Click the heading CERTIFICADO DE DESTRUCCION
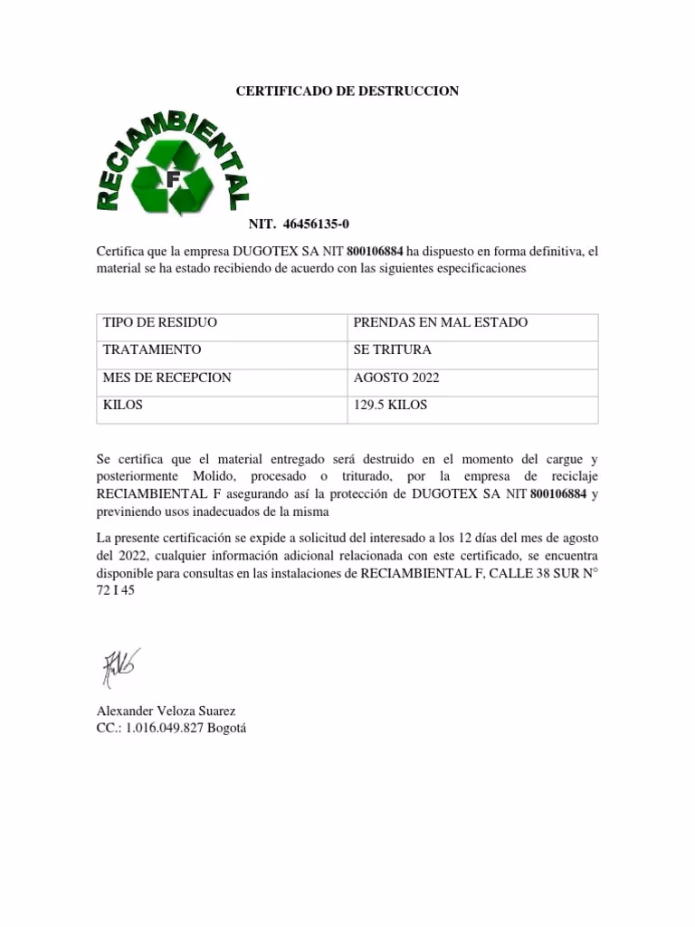pyautogui.click(x=347, y=91)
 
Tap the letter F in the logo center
pyautogui.click(x=172, y=179)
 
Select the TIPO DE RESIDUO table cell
pyautogui.click(x=160, y=323)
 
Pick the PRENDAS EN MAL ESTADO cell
pyautogui.click(x=440, y=323)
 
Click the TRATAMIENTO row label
pyautogui.click(x=152, y=350)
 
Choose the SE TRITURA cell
pyautogui.click(x=392, y=350)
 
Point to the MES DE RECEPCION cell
pyautogui.click(x=167, y=377)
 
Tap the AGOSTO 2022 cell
pyautogui.click(x=396, y=377)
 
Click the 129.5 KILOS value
pyautogui.click(x=390, y=406)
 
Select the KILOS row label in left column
pyautogui.click(x=123, y=406)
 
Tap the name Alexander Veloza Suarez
pyautogui.click(x=166, y=712)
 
